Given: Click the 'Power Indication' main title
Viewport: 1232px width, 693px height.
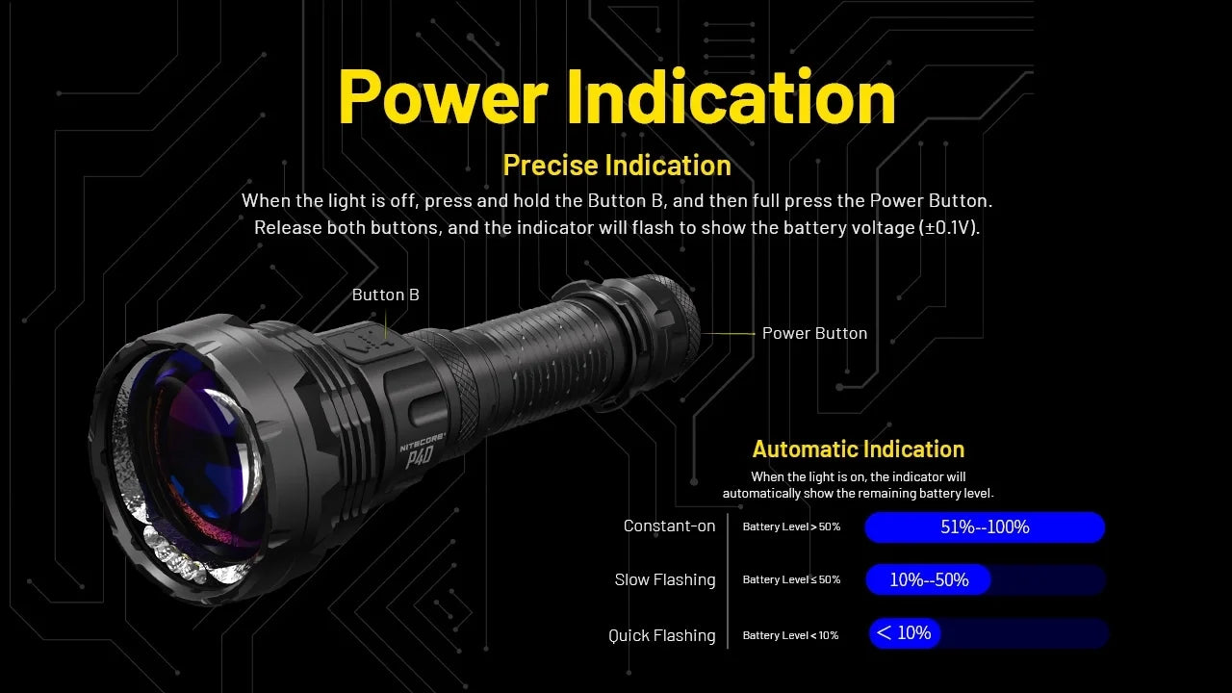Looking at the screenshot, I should tap(616, 96).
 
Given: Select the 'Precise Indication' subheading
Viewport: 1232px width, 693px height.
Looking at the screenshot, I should tap(617, 166).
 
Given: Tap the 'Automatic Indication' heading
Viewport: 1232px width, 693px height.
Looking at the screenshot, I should tap(858, 449).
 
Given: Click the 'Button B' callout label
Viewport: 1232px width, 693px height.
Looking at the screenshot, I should tap(385, 295).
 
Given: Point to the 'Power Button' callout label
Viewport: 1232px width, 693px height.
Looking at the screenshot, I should tap(814, 333).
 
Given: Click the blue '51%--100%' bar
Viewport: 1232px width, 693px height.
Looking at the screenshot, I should tap(984, 526).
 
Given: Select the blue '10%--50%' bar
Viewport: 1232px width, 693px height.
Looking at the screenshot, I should tap(928, 579).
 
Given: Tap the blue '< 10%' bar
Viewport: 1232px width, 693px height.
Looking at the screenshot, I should tap(904, 633).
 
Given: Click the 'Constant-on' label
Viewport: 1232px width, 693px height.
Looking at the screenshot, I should tap(669, 526).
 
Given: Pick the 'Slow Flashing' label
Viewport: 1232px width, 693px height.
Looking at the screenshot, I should tap(665, 579).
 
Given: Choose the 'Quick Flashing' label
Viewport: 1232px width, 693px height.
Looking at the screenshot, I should tap(662, 635).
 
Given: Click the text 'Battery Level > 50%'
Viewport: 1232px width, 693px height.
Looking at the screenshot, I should tap(791, 526).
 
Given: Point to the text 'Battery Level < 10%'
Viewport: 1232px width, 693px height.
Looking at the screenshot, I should tap(790, 635).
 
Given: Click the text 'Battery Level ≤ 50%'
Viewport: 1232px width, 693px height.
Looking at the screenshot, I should tap(791, 579).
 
